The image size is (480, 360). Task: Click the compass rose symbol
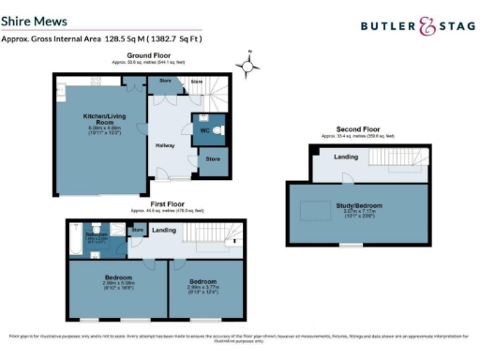pos(248,66)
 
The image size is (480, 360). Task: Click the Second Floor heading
pos(358,129)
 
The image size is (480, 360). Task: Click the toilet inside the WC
pos(217,131)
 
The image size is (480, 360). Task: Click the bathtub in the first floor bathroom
pos(74,246)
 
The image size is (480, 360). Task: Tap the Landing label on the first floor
pos(165,229)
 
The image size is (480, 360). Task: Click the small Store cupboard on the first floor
pos(137,229)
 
